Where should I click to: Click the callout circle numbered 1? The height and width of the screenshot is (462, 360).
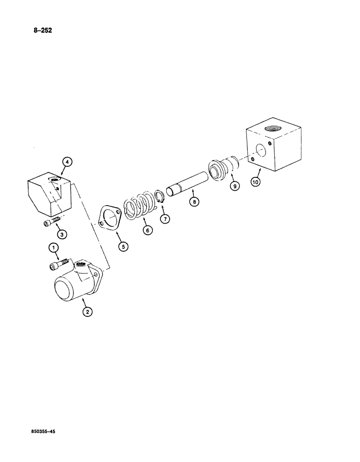point(54,249)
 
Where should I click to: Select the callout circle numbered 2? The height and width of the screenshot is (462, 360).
point(87,312)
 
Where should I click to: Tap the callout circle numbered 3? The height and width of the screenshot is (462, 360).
point(62,234)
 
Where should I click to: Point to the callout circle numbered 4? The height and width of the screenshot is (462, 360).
point(67,162)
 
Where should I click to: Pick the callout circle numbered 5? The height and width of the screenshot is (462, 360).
point(123,246)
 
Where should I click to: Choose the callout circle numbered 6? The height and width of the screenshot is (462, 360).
point(147,230)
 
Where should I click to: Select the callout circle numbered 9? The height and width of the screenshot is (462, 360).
point(234,187)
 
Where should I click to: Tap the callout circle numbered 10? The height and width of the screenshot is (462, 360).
point(256,182)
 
